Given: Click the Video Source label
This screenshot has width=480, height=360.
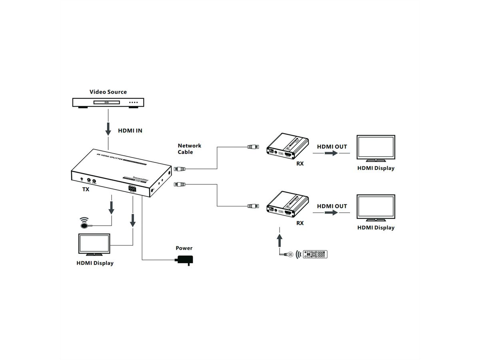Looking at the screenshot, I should pos(108,92).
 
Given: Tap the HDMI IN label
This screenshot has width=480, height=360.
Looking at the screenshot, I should pos(130,130).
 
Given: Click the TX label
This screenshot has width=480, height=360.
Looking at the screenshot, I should pos(86,190).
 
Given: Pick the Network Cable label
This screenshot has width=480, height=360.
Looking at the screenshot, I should pos(189,149).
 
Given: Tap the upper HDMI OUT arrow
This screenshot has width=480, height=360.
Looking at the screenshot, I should pos(332,154).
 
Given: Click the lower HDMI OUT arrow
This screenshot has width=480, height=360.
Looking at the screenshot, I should pos(332,213).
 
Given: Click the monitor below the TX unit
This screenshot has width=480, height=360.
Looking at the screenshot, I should pos(94,245).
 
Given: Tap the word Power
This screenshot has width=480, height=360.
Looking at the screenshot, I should pos(184,248).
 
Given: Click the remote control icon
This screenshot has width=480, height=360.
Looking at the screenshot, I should pos(315,254).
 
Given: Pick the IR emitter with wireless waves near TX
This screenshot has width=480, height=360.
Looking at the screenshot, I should pos(84,224).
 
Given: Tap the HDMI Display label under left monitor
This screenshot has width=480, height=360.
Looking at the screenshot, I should pos(95,263).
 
